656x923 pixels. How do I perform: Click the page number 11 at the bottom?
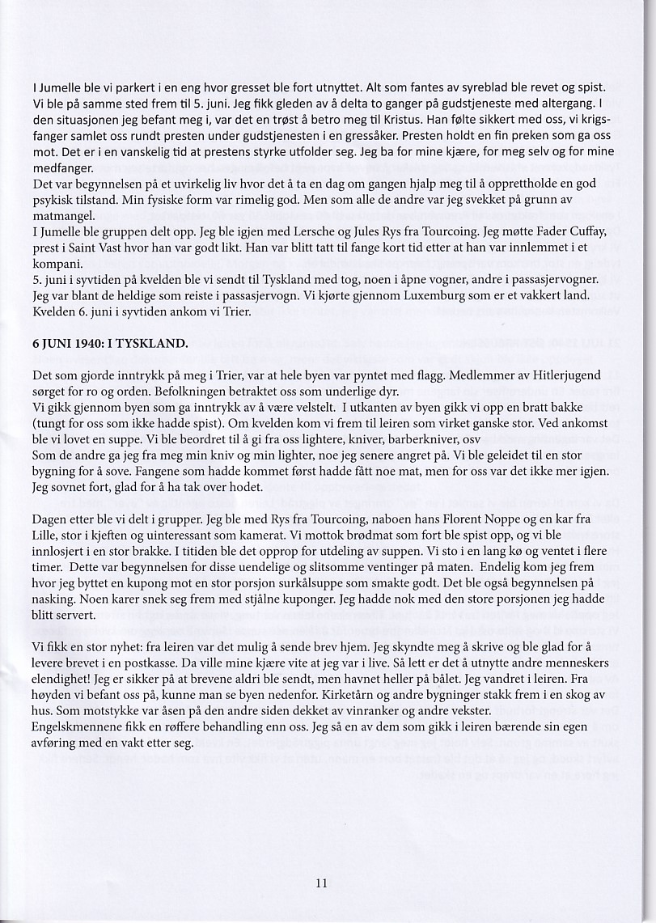pyautogui.click(x=321, y=883)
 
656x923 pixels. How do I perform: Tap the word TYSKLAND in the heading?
pyautogui.click(x=153, y=342)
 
